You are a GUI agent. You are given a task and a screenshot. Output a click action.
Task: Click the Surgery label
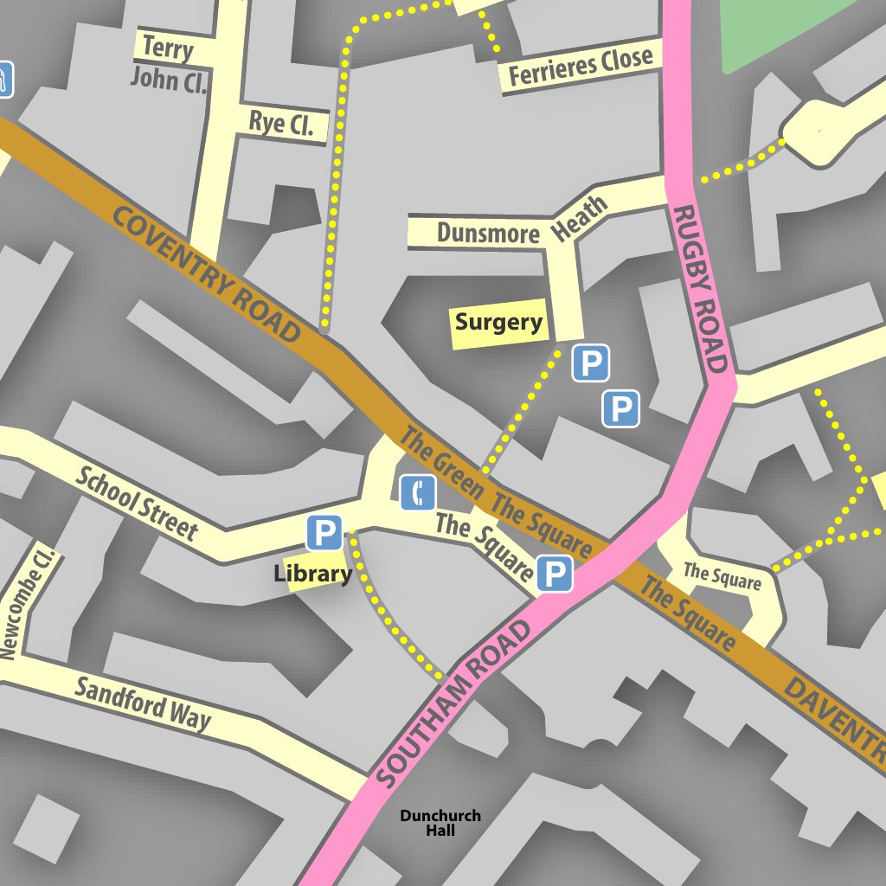pyautogui.click(x=498, y=323)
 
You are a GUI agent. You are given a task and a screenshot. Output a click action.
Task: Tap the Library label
pyautogui.click(x=312, y=573)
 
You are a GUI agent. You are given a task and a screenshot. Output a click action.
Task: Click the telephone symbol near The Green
pyautogui.click(x=418, y=493)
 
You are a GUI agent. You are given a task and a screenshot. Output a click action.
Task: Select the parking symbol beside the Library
pyautogui.click(x=324, y=533)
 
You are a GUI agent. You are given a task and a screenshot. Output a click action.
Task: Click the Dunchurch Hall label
pyautogui.click(x=440, y=823)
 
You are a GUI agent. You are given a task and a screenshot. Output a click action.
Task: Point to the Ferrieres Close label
pyautogui.click(x=580, y=67)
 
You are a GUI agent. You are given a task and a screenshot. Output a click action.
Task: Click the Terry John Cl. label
pyautogui.click(x=169, y=64)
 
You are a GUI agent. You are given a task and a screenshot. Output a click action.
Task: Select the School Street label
pyautogui.click(x=136, y=503)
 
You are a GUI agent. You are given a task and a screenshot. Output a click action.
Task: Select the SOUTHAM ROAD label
pyautogui.click(x=454, y=705)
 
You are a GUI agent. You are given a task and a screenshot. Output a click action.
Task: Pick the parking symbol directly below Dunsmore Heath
pyautogui.click(x=591, y=363)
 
